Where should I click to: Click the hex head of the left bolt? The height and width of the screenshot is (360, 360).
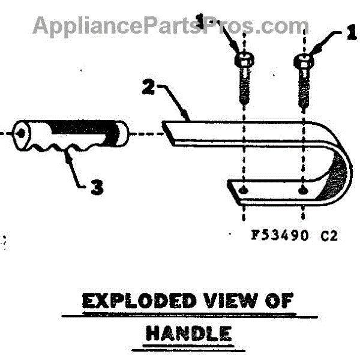click(243, 61)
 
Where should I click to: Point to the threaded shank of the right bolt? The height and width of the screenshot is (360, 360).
click(305, 87)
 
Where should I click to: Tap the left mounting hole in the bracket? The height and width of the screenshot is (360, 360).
click(243, 190)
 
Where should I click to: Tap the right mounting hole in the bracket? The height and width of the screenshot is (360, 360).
click(304, 191)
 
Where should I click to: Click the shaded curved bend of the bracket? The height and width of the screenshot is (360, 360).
click(332, 180)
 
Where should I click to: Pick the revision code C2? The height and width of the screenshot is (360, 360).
click(329, 235)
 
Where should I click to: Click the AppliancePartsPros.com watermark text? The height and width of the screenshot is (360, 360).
click(171, 26)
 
